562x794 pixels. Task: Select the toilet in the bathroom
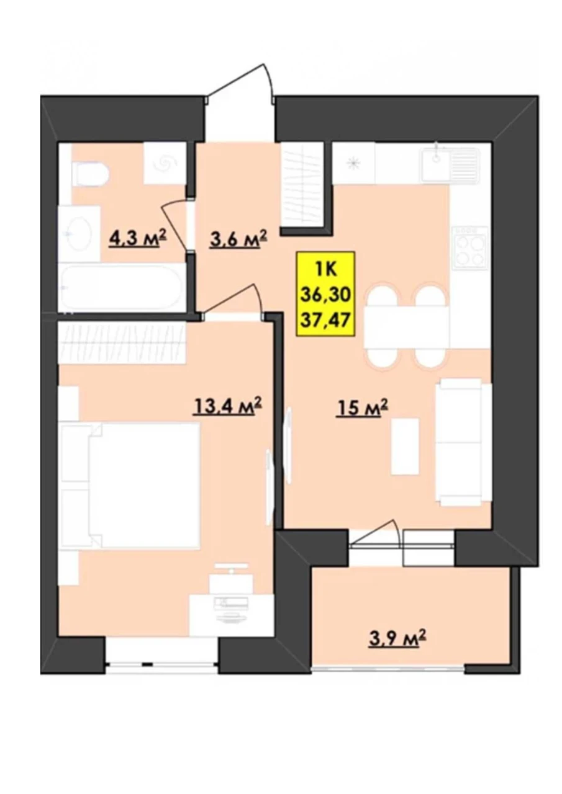(91, 174)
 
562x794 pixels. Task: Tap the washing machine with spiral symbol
(165, 163)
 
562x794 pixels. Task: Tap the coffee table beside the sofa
(405, 445)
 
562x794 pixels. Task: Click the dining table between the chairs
(407, 326)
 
